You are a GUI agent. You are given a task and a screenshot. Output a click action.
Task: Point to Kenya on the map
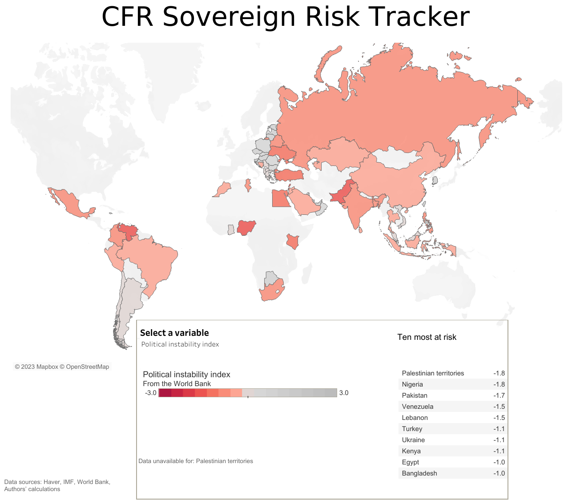(x=292, y=242)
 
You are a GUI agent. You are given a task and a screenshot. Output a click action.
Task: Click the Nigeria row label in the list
(x=412, y=384)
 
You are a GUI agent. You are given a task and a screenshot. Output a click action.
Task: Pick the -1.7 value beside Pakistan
(x=499, y=395)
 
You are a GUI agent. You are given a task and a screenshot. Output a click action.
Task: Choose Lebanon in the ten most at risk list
(x=415, y=418)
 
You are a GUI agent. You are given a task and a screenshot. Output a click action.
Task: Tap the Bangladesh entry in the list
(x=419, y=473)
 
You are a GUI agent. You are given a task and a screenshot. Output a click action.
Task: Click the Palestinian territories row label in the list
(x=433, y=373)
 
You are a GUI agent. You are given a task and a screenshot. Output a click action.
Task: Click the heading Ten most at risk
(x=427, y=337)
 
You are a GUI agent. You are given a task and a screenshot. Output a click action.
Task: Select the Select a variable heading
(x=174, y=333)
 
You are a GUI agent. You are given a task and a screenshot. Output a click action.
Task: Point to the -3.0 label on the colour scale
(x=151, y=393)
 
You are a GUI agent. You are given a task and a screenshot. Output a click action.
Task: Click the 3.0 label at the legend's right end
(x=343, y=393)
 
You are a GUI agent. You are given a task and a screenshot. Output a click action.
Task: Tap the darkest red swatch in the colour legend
(x=165, y=393)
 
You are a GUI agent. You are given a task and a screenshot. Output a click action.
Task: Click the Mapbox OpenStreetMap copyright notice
(x=62, y=367)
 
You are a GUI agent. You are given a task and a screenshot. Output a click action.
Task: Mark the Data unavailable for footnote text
(x=196, y=461)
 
